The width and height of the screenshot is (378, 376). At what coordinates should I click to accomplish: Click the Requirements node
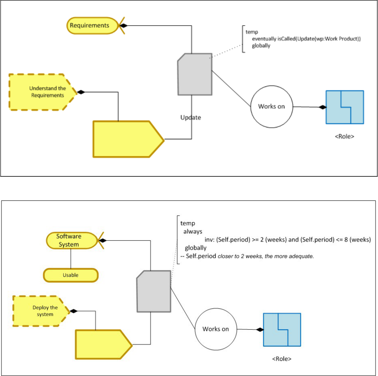89,26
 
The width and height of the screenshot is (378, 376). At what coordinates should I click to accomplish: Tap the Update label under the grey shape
191,117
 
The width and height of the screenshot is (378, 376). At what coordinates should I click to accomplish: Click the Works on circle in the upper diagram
271,107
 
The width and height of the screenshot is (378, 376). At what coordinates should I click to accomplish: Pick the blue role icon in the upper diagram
344,107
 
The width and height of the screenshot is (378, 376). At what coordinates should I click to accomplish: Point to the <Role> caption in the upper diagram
344,136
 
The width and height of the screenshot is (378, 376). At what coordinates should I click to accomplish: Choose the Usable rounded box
71,275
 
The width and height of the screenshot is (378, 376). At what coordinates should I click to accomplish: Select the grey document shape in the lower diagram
154,291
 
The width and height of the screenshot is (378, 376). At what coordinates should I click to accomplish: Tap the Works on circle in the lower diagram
216,329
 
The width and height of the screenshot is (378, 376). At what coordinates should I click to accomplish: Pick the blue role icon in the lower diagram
282,330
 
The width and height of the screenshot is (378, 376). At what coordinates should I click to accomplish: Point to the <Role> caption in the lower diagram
282,359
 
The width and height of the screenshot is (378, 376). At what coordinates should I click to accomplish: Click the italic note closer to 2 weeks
266,256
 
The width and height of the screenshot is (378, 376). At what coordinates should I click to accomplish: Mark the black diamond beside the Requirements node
123,26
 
